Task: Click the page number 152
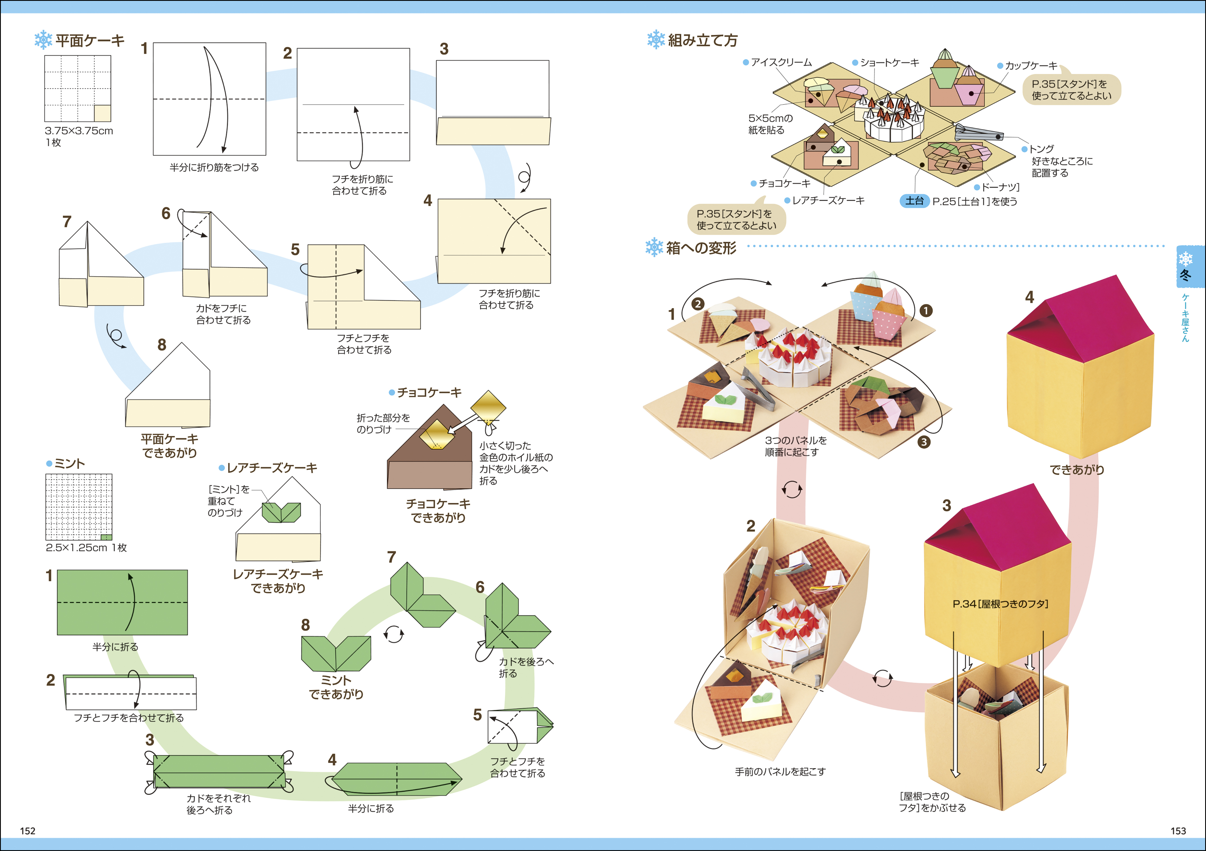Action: pyautogui.click(x=27, y=831)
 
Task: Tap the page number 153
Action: pyautogui.click(x=1178, y=831)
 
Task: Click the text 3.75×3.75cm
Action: pyautogui.click(x=79, y=131)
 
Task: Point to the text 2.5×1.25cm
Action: pyautogui.click(x=77, y=548)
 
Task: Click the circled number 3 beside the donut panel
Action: pyautogui.click(x=923, y=442)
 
